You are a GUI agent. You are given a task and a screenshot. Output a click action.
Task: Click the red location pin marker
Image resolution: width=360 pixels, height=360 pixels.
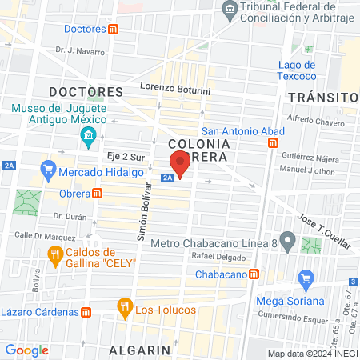pyautogui.click(x=180, y=164)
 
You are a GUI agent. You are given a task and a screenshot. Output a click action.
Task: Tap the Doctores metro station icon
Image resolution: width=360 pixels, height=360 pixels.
pyautogui.click(x=114, y=29)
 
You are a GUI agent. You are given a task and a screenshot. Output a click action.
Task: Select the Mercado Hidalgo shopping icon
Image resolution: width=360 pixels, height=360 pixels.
pyautogui.click(x=47, y=170)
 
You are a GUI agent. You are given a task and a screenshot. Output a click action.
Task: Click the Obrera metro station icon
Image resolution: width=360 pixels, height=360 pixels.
pyautogui.click(x=97, y=193)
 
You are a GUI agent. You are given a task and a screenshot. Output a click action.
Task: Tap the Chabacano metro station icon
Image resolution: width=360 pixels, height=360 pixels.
pyautogui.click(x=254, y=274)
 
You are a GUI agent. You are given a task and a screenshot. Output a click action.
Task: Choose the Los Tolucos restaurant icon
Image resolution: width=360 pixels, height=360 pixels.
pyautogui.click(x=124, y=306)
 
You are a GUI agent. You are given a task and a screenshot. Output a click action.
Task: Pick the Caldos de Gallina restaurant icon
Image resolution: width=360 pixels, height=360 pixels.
pyautogui.click(x=54, y=256)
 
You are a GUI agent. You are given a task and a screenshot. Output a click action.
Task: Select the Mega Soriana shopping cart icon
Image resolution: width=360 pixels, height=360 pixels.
pyautogui.click(x=305, y=280)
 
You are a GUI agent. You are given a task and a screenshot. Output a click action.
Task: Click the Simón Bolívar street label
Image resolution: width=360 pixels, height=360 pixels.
pyautogui.click(x=143, y=216)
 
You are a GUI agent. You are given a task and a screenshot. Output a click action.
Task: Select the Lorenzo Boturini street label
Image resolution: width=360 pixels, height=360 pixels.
pyautogui.click(x=174, y=86)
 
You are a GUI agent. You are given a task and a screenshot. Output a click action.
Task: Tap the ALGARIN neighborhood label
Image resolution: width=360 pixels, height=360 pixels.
pyautogui.click(x=141, y=350)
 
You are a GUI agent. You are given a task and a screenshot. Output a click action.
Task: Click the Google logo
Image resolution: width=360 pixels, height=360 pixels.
pyautogui.click(x=26, y=350)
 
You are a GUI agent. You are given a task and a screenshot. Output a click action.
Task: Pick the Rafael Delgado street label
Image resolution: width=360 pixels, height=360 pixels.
pyautogui.click(x=218, y=256)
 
